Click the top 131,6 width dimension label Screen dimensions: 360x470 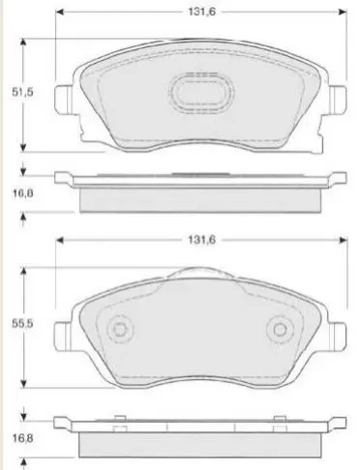202,12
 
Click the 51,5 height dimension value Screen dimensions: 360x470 22,92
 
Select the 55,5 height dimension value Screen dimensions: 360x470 22,324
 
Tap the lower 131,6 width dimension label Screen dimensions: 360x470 202,240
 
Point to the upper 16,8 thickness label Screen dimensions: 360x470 22,193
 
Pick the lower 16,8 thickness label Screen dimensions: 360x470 22,438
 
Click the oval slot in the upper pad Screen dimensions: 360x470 201,93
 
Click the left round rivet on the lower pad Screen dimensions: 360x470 120,330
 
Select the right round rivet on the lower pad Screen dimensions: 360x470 280,330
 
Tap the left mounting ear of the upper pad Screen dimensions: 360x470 63,99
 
